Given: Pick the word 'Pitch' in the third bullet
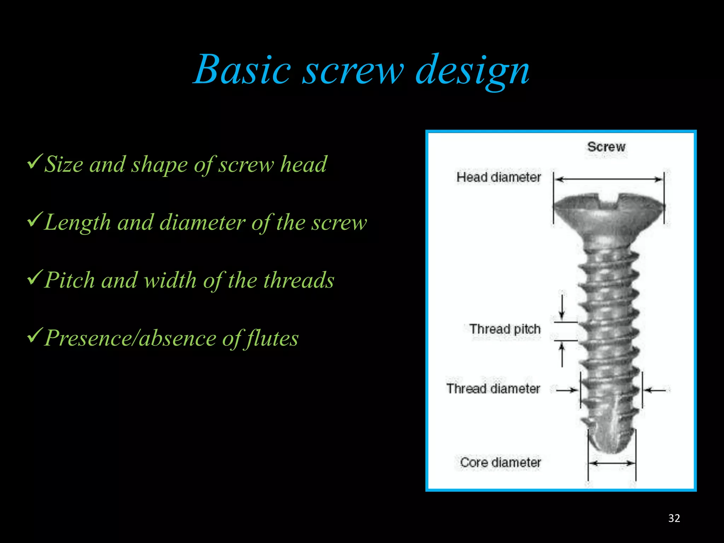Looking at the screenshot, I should (x=70, y=280).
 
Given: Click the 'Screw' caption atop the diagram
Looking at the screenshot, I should (x=606, y=147).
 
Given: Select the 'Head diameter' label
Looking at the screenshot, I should (x=498, y=177).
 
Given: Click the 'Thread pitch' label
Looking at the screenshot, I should (x=505, y=329).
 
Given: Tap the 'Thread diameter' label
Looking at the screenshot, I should (x=493, y=389).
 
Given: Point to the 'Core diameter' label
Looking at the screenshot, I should (x=500, y=462).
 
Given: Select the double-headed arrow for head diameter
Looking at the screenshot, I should (x=608, y=180).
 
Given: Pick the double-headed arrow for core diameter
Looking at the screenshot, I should (x=612, y=463).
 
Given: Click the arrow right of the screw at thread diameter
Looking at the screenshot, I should (x=655, y=390).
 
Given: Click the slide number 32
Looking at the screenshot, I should (x=674, y=518).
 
